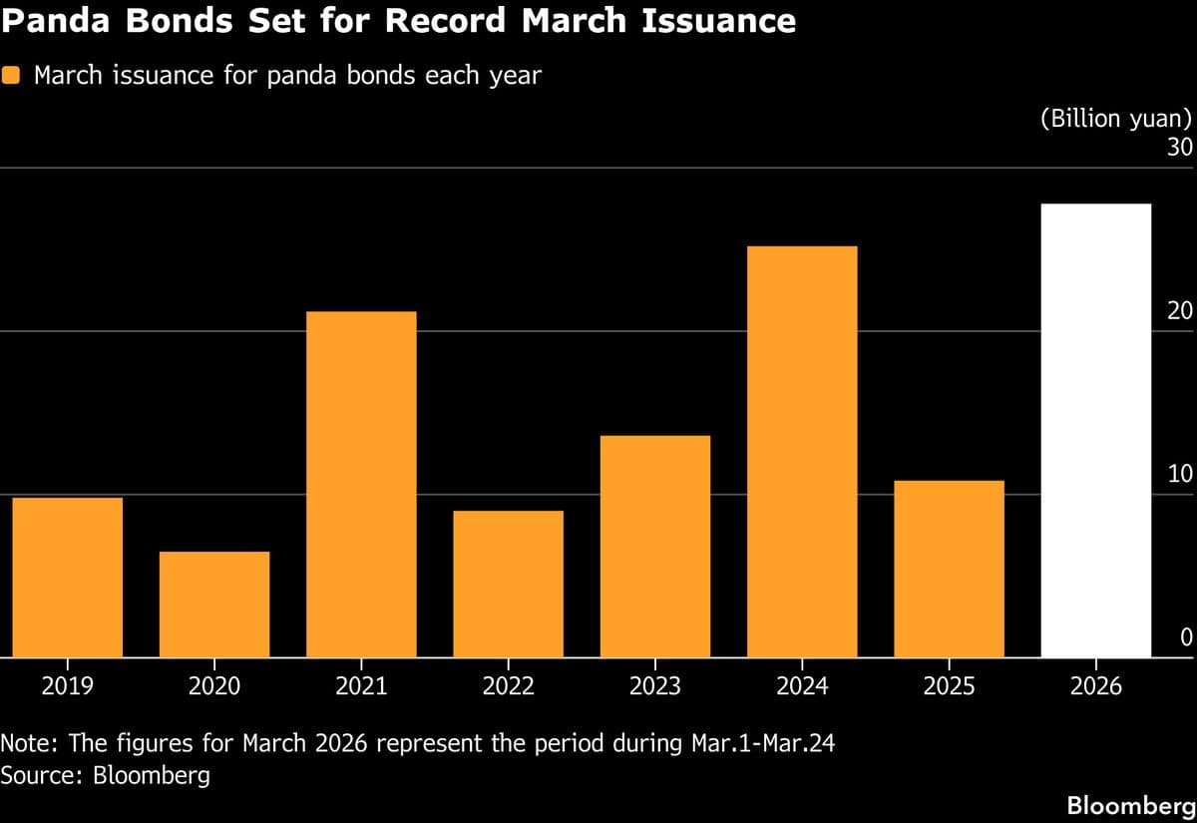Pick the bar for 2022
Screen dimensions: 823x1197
click(508, 584)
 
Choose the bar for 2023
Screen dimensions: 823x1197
click(655, 546)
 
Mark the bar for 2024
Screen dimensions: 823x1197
click(802, 451)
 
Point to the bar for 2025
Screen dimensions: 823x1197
click(949, 569)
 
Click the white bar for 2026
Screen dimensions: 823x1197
click(1095, 430)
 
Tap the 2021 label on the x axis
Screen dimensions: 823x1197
click(361, 687)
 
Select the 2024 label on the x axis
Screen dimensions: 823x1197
click(802, 687)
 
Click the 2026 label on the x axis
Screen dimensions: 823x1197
click(1095, 687)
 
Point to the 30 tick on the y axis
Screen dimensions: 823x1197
click(1180, 148)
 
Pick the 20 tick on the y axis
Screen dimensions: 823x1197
click(1180, 311)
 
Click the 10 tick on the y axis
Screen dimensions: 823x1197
click(1180, 474)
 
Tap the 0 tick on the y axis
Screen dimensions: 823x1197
click(1186, 636)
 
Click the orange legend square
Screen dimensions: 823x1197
click(12, 75)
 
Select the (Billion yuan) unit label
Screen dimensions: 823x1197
click(1116, 119)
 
